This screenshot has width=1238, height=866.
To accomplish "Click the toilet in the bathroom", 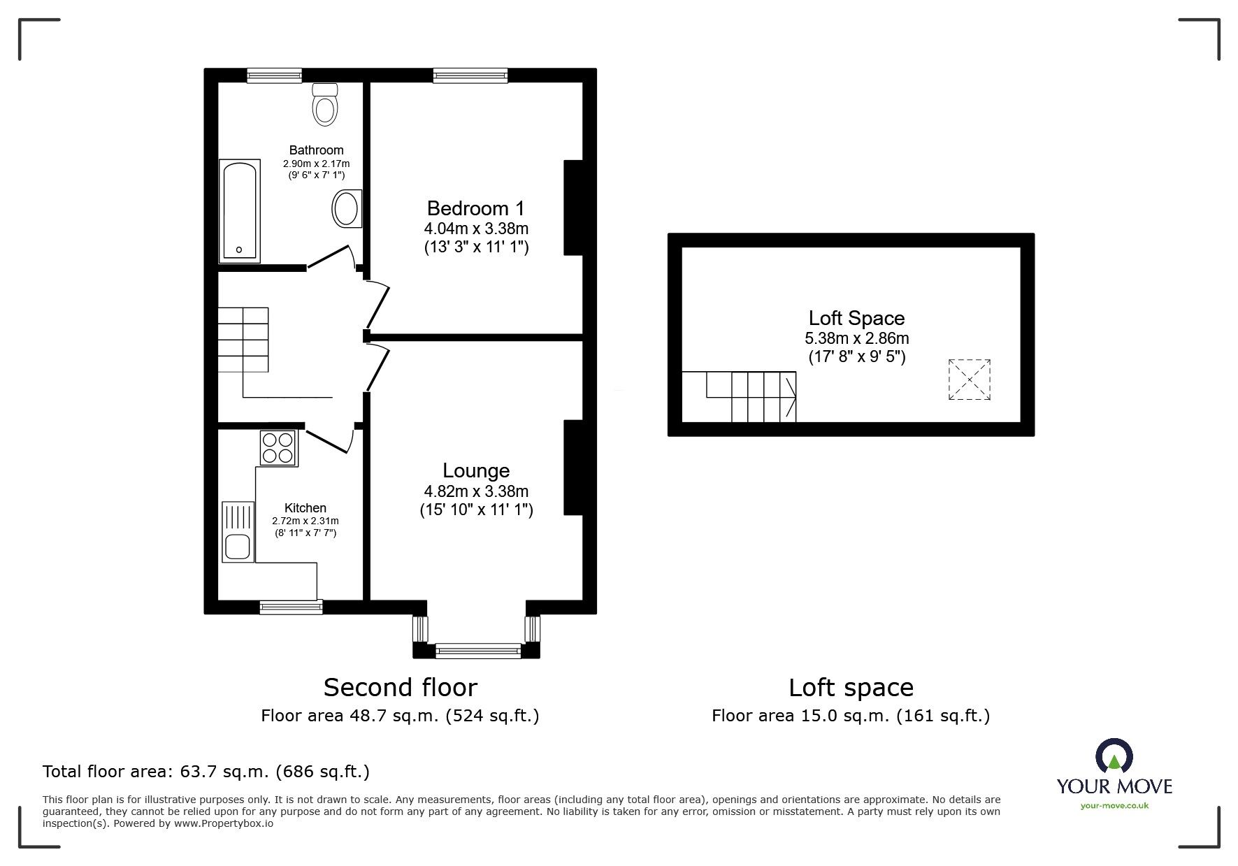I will click(325, 105).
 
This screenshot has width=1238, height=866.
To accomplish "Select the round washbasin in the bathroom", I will click(346, 208).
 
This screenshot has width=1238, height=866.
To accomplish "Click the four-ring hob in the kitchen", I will click(278, 448).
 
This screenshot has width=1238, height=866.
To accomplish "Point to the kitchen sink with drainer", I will click(238, 531).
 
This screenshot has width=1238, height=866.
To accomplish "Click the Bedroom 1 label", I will click(475, 208).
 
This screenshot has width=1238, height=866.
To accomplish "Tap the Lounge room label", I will click(476, 470).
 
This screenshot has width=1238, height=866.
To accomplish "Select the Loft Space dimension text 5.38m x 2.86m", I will click(856, 339).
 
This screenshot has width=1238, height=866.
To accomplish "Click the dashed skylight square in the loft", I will click(969, 380).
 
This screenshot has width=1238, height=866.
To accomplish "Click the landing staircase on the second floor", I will click(243, 340).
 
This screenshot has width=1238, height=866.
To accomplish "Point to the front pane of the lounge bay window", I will click(477, 651).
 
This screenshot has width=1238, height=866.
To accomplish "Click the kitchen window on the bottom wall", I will click(291, 607).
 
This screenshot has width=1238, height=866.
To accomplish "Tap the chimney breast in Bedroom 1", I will click(573, 208).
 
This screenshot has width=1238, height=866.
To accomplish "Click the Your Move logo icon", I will click(1114, 756).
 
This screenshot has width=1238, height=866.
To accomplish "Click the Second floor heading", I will click(400, 688).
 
